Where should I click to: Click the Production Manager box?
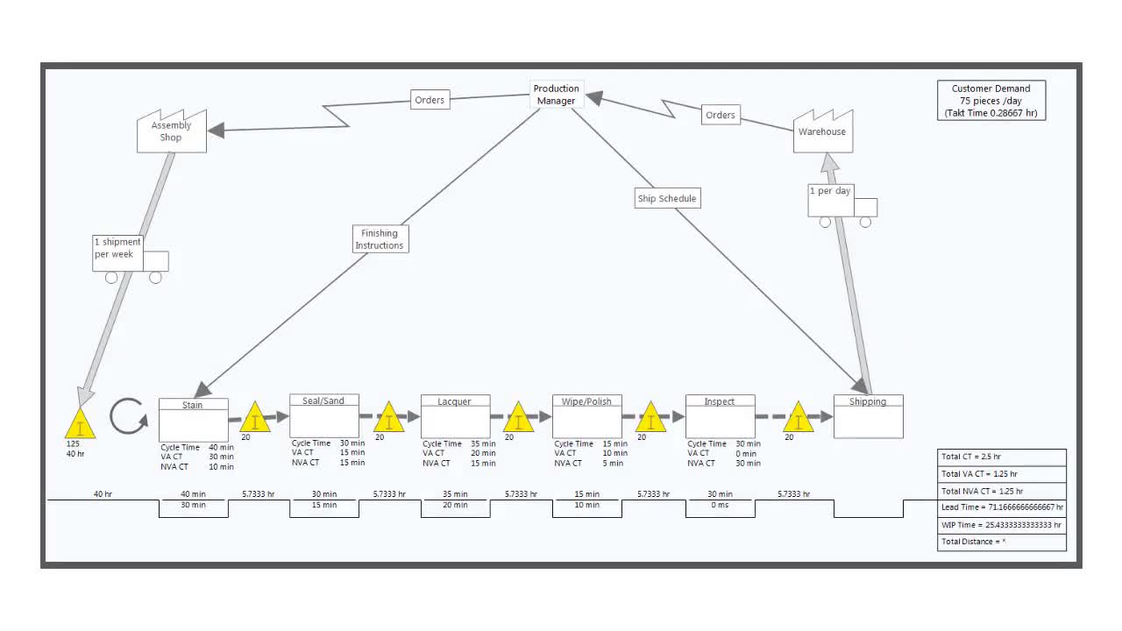tap(557, 95)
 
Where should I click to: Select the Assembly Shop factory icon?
tap(172, 132)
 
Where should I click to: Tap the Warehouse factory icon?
tap(822, 132)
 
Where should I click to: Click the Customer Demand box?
tap(991, 101)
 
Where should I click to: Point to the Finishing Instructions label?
tap(380, 239)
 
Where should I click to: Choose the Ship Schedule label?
tap(667, 199)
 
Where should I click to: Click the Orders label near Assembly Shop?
tap(430, 100)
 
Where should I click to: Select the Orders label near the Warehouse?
tap(721, 115)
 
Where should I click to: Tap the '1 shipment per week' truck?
tap(130, 254)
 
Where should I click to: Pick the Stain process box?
tap(193, 421)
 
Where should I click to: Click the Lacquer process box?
tap(455, 417)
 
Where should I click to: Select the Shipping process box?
tap(868, 417)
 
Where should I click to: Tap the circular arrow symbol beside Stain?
tap(129, 416)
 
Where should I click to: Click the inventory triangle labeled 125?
tap(81, 424)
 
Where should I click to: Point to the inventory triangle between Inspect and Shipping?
tap(798, 418)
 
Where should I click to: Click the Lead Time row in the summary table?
tap(1002, 507)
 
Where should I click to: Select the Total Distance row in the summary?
tap(1002, 542)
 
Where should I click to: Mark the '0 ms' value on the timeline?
tap(721, 505)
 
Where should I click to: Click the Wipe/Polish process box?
tap(586, 417)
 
